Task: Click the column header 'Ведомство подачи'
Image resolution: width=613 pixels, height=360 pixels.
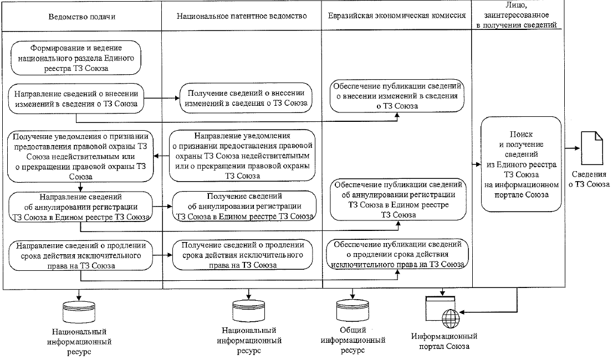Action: click(82, 16)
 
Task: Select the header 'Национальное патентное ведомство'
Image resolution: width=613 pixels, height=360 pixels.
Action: click(242, 16)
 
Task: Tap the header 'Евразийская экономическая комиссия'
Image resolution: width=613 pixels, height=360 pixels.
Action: click(397, 16)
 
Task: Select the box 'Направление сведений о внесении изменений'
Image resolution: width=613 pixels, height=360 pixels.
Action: click(76, 98)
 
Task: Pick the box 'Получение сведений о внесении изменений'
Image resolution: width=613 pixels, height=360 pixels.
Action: click(246, 99)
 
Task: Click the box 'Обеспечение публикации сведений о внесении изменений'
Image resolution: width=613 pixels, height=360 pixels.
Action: click(397, 95)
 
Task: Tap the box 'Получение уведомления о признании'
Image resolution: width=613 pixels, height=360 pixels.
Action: click(80, 156)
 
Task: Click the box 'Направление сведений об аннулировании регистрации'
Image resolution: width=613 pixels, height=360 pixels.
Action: click(81, 207)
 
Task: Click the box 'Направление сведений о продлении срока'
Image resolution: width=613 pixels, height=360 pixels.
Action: click(81, 255)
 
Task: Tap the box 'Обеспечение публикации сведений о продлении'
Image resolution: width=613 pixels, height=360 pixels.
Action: click(397, 254)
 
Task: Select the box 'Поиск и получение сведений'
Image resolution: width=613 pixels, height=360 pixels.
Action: click(517, 164)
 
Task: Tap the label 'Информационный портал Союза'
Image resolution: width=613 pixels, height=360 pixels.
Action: click(444, 341)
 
